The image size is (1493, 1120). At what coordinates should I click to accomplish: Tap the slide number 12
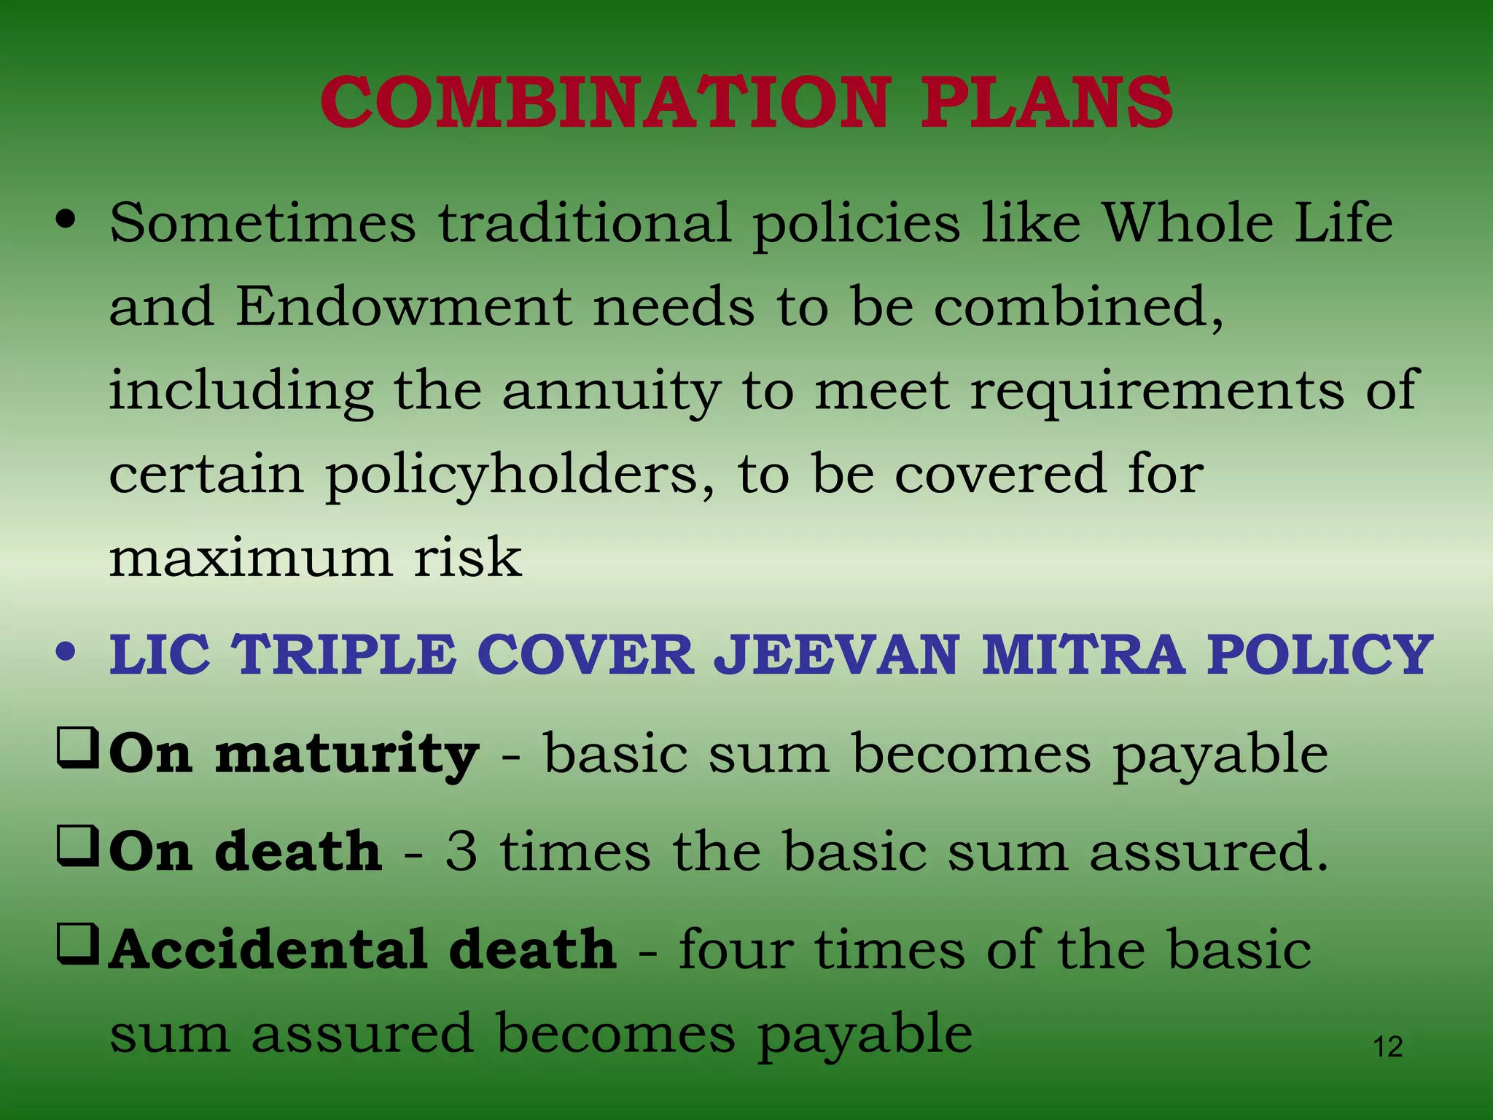(x=1387, y=1047)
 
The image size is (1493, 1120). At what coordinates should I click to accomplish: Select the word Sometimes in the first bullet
(x=262, y=222)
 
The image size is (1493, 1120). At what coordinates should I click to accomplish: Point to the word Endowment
(x=403, y=306)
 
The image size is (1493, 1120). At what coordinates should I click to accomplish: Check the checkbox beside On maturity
(x=77, y=750)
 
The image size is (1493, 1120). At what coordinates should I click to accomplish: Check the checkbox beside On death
(x=77, y=847)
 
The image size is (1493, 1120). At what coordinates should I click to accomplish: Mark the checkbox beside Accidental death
(x=77, y=946)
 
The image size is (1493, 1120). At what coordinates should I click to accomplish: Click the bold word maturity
(x=347, y=755)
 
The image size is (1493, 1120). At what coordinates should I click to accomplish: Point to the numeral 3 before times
(x=461, y=852)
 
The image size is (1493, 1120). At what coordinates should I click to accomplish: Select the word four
(x=736, y=949)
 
